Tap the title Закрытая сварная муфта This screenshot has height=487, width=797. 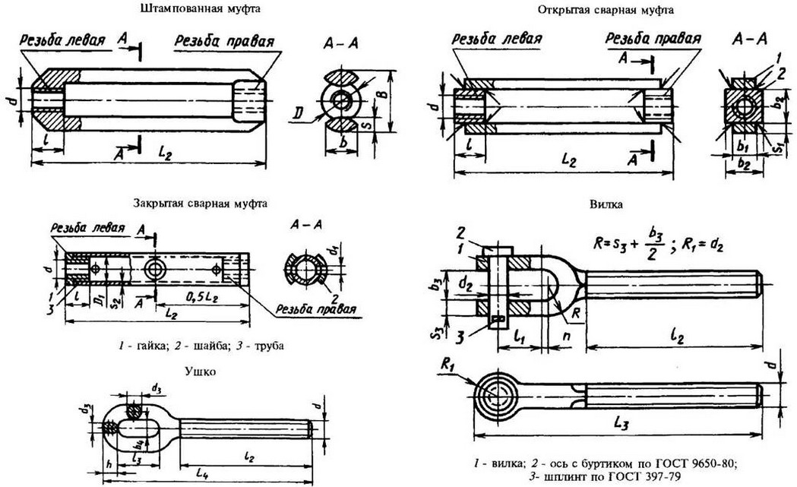pos(200,203)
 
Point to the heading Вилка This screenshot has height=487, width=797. pos(602,204)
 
